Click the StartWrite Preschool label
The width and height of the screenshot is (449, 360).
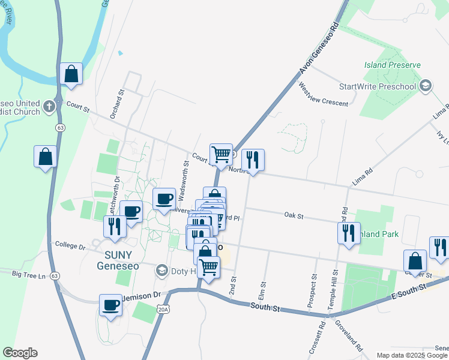pos(377,86)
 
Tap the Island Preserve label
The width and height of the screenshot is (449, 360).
pos(392,65)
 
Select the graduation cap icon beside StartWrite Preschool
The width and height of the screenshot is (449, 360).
pos(426,86)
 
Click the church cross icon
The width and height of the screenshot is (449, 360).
pos(49,107)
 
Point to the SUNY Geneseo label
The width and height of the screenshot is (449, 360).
pos(115,259)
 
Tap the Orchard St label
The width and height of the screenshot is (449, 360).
pos(116,104)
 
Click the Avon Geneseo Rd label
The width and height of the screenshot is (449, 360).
pos(318,49)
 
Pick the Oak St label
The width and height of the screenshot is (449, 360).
pos(294,214)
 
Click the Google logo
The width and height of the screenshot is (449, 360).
pos(20,353)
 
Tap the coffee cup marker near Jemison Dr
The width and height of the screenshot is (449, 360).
pos(110,304)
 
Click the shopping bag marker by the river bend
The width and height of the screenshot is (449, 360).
pos(71,74)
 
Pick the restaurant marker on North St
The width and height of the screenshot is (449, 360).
pos(253,160)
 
